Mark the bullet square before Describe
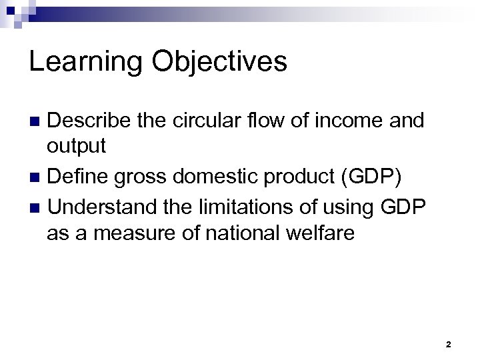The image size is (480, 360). [x=37, y=122]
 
